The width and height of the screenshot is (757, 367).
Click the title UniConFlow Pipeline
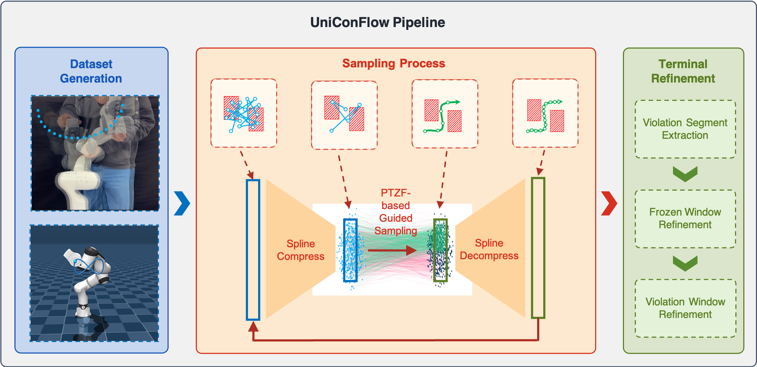(x=377, y=22)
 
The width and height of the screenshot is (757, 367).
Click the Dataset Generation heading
(x=91, y=71)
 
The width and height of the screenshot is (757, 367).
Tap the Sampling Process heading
(x=393, y=63)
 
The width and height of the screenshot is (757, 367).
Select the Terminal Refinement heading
(x=683, y=71)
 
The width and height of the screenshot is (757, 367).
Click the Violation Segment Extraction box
(x=685, y=129)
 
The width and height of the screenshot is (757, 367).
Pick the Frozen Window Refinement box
(x=685, y=218)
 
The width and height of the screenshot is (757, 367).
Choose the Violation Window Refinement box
(x=685, y=308)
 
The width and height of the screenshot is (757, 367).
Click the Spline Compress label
(x=300, y=250)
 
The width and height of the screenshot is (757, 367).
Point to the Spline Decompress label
(x=489, y=249)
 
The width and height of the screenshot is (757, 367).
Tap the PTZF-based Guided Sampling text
(x=395, y=212)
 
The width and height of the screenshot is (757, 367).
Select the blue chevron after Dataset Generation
(x=182, y=203)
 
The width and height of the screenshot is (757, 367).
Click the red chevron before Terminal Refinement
(x=609, y=203)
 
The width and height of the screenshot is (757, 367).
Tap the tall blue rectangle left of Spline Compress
(x=253, y=249)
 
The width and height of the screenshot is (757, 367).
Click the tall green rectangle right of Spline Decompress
(x=538, y=248)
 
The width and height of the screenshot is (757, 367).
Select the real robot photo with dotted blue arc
(x=95, y=153)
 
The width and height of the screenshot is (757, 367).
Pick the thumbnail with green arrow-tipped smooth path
(x=444, y=114)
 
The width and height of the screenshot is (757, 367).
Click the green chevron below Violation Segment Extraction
(x=685, y=174)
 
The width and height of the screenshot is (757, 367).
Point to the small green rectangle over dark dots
(x=440, y=250)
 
